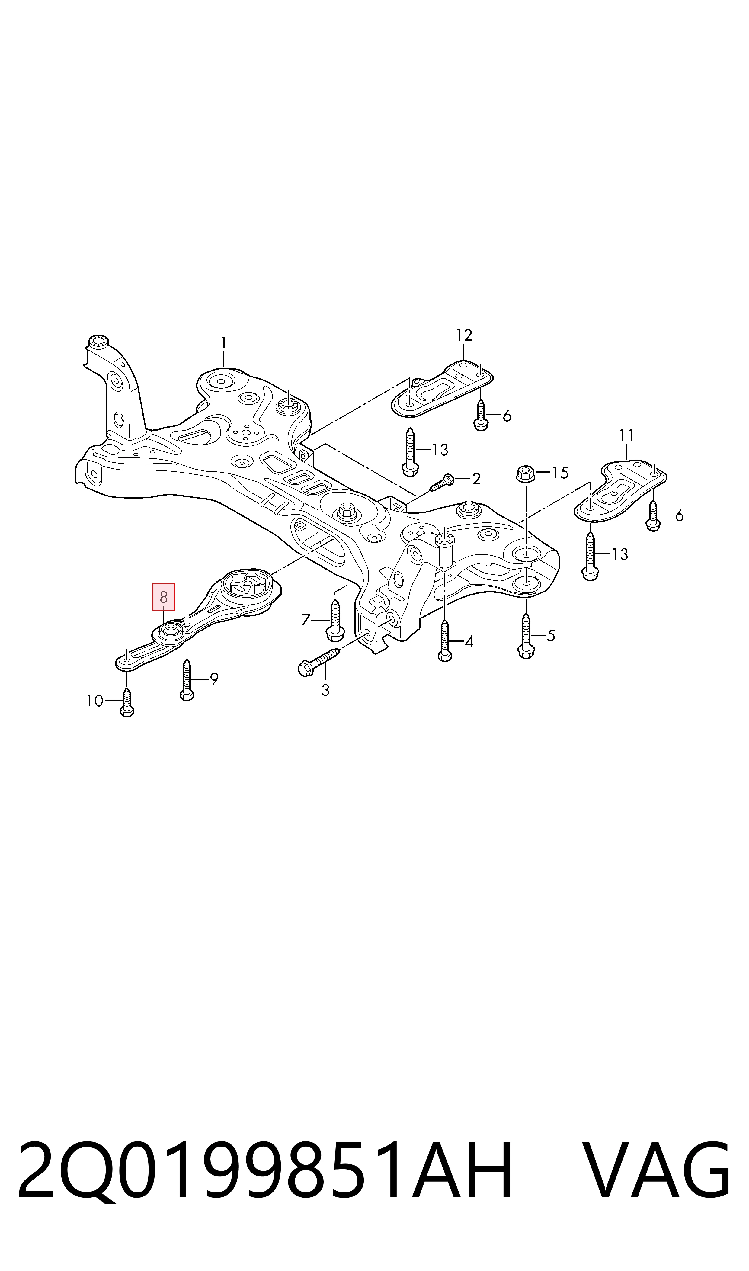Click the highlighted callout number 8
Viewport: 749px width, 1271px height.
(x=164, y=598)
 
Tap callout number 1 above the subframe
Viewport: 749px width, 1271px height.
(x=224, y=343)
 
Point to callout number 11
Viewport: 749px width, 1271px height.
(x=626, y=435)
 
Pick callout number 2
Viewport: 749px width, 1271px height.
(x=476, y=479)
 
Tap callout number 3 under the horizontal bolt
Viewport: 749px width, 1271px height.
(x=325, y=690)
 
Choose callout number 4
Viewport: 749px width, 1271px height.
(x=469, y=642)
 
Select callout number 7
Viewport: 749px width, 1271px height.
(x=306, y=620)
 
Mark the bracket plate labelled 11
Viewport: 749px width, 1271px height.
(x=621, y=489)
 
